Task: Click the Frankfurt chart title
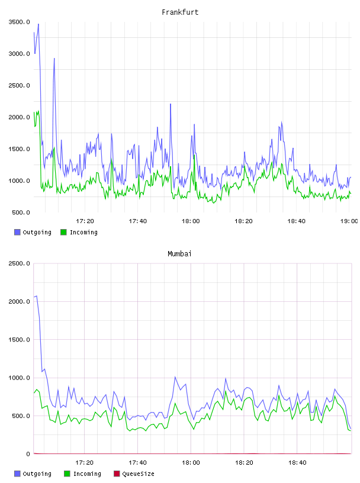[x=180, y=12]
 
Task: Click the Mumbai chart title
[x=179, y=254]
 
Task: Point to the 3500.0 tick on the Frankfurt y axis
[x=19, y=22]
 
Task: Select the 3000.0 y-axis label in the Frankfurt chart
[x=19, y=54]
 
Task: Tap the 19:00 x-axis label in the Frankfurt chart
[x=349, y=221]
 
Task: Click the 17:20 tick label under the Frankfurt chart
[x=85, y=221]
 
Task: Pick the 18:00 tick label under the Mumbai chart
[x=191, y=463]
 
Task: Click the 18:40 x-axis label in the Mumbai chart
[x=297, y=463]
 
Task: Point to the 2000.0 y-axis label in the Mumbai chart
[x=19, y=301]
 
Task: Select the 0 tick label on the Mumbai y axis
[x=28, y=454]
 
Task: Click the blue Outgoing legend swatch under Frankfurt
[x=17, y=232]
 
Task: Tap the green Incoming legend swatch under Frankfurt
[x=63, y=232]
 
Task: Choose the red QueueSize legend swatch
[x=117, y=474]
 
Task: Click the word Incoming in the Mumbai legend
[x=87, y=474]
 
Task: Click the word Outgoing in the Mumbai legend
[x=37, y=474]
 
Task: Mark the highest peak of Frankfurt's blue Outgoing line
[x=38, y=24]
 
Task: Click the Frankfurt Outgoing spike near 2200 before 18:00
[x=171, y=104]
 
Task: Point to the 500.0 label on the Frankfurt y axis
[x=21, y=212]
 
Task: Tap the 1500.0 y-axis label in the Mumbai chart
[x=19, y=340]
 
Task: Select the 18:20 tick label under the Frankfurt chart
[x=243, y=221]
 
